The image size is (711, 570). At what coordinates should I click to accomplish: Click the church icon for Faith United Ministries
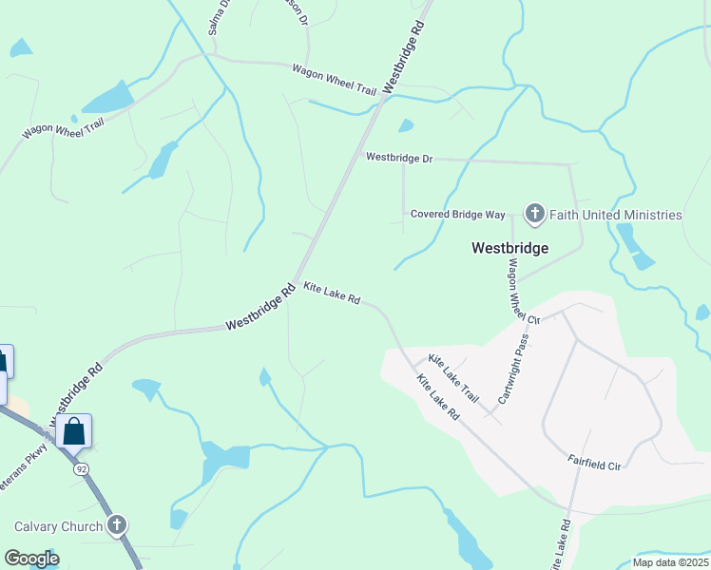(534, 215)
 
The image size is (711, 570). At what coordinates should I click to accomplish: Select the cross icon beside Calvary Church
(116, 525)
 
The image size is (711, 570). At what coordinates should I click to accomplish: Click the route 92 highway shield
(83, 468)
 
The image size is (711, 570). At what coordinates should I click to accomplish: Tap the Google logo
(31, 559)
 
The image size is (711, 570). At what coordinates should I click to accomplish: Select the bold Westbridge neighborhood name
(510, 248)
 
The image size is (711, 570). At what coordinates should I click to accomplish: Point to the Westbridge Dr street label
(399, 158)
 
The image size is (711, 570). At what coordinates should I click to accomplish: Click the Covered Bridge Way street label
(458, 215)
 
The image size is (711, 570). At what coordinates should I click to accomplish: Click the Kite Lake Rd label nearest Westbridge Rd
(332, 293)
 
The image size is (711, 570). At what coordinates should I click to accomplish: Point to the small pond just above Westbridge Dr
(406, 125)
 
